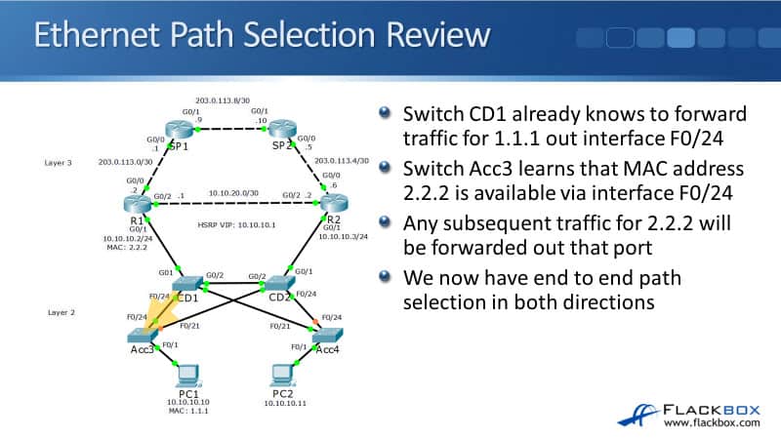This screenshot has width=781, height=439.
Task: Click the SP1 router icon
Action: pos(180,130)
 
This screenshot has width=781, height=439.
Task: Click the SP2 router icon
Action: pos(283,130)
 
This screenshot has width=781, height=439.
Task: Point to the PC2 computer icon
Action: pos(282,376)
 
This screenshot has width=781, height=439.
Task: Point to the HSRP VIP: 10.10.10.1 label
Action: pos(232,225)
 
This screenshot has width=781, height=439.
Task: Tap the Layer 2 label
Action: pos(61,312)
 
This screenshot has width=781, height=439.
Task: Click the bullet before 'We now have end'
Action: pos(387,280)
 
